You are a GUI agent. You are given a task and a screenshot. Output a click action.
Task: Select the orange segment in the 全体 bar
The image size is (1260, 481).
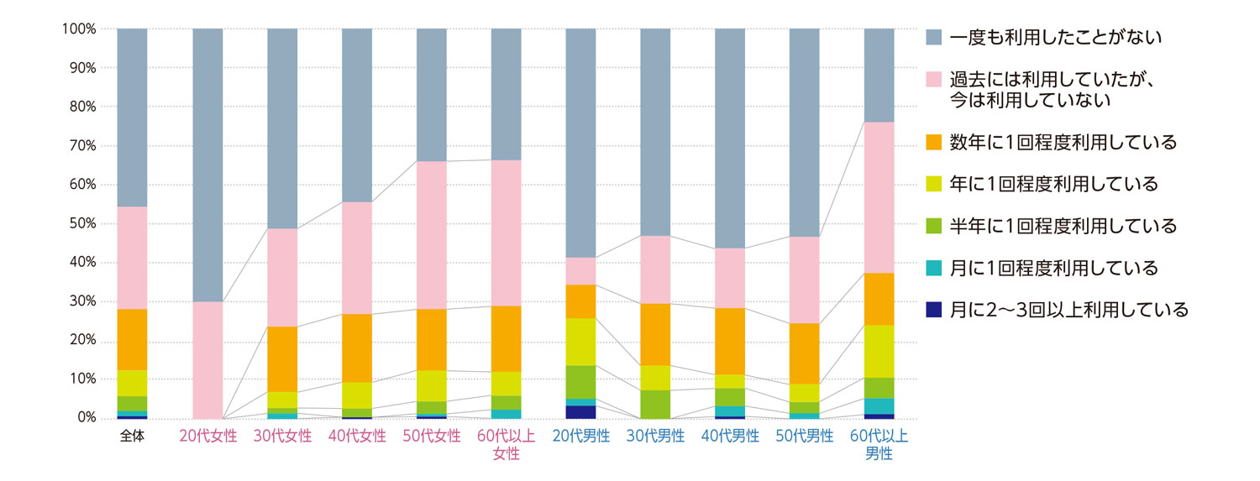point(132,339)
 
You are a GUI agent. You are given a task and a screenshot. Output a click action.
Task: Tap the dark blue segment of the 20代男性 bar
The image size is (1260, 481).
point(580,411)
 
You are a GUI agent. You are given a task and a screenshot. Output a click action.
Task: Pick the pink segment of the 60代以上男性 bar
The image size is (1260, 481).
point(879,197)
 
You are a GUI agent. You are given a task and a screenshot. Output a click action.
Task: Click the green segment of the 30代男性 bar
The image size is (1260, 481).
point(655,404)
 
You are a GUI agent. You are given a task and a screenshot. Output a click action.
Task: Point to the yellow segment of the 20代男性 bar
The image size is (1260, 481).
point(580,342)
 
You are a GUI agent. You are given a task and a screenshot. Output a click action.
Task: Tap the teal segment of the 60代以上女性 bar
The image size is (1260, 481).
point(506,413)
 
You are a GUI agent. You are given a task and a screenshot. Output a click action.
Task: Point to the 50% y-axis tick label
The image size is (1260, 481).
point(81,224)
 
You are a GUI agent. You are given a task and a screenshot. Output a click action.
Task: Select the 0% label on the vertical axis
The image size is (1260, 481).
point(85,418)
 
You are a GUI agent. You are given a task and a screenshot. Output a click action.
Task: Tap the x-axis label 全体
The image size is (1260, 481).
point(132,437)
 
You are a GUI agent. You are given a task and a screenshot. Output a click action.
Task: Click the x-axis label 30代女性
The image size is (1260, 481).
point(282,437)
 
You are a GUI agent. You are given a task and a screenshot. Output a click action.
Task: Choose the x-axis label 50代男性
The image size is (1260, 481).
point(805,437)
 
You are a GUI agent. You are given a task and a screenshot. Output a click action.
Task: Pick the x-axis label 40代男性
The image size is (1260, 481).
point(730,437)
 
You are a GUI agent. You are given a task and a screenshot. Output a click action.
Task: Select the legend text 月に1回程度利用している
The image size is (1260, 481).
point(1053,268)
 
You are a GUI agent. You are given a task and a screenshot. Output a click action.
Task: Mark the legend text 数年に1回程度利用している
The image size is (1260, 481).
point(1063,142)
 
